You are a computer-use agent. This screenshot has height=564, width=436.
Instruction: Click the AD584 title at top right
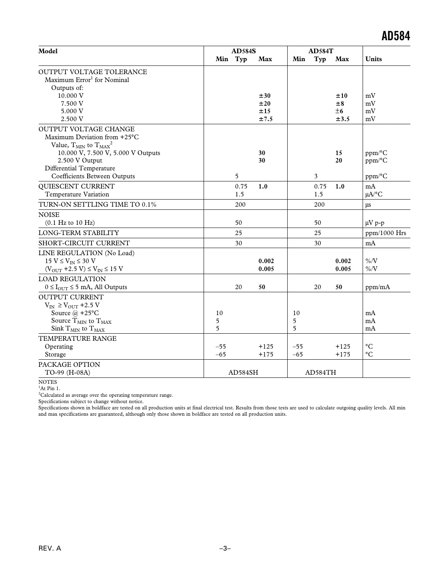(395, 36)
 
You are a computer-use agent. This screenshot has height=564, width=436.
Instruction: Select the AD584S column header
(243, 51)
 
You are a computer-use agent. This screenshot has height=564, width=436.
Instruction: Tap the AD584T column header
(320, 51)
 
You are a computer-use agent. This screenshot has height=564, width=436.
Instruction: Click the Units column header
(373, 59)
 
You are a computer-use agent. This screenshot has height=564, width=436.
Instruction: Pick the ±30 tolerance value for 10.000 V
(265, 96)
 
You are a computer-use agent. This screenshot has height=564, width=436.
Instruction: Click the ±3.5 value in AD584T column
(342, 119)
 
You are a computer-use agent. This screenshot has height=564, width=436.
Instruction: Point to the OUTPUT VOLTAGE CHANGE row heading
(86, 129)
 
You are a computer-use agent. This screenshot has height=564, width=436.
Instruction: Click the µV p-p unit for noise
(374, 223)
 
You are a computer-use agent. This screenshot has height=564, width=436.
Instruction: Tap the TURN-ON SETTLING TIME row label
(97, 205)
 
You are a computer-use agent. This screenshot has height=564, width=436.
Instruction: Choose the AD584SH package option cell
(243, 373)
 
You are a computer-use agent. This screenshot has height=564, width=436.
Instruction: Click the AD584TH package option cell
(320, 373)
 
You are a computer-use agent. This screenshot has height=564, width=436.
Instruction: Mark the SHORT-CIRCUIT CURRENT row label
(84, 243)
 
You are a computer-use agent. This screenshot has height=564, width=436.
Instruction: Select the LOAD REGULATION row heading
(72, 279)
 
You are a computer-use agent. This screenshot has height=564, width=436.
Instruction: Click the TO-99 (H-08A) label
(67, 373)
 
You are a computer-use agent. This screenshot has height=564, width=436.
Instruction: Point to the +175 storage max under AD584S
(266, 355)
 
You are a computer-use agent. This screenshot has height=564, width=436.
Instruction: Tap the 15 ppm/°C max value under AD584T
(339, 153)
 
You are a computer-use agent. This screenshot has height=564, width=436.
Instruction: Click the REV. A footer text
(50, 549)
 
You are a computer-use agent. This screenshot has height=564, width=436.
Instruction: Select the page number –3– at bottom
(225, 549)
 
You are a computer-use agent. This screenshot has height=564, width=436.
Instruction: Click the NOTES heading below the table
(48, 382)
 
